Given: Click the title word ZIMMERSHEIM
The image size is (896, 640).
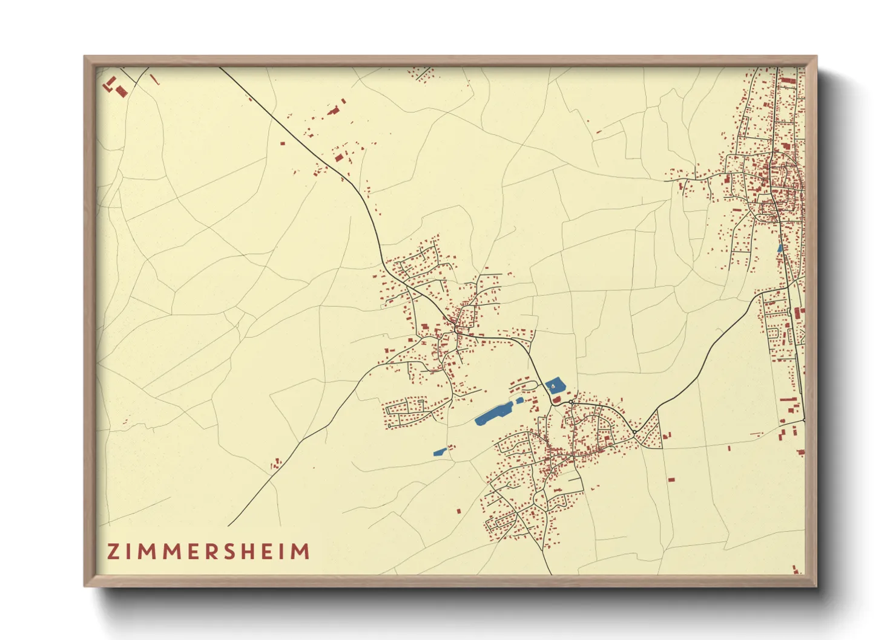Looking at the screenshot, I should click(209, 552).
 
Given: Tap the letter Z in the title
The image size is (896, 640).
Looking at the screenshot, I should click(113, 552).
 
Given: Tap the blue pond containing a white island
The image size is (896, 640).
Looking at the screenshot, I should click(553, 385).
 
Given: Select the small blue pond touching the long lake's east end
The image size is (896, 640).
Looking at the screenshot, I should click(519, 400).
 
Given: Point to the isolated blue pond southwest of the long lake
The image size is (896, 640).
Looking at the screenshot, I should click(440, 451).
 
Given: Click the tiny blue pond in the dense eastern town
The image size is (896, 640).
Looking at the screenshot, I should click(780, 247).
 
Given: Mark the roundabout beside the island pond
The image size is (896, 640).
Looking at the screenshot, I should click(571, 402).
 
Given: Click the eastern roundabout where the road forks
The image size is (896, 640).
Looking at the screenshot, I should click(634, 432).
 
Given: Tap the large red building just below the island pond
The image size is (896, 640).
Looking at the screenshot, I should click(556, 400).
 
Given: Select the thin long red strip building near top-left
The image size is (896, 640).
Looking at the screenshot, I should click(154, 79).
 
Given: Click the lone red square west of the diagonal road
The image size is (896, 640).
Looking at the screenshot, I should click(282, 143).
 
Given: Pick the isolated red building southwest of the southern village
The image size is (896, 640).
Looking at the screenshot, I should click(458, 511).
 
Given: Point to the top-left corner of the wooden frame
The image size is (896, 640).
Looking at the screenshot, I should click(85, 57).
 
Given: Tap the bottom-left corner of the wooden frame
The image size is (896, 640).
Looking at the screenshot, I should click(85, 586).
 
